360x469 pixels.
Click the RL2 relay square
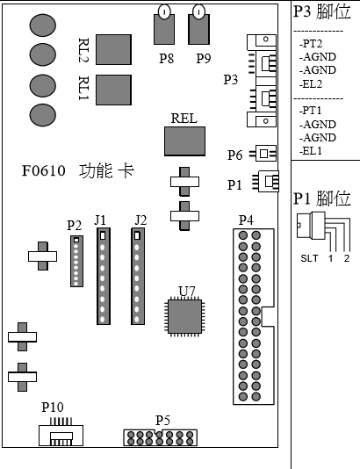(113, 49)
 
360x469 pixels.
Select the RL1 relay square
(113, 90)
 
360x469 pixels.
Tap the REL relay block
(184, 141)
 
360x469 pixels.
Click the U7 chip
(184, 316)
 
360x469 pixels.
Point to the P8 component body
(164, 29)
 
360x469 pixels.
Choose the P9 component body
(198, 29)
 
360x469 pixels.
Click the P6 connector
(263, 154)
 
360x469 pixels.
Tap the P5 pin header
(161, 438)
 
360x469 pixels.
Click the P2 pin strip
(77, 261)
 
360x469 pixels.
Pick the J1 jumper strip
(104, 276)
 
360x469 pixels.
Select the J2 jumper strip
(138, 276)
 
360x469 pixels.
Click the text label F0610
(44, 170)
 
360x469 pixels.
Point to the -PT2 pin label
(311, 44)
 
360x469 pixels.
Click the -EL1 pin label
(311, 151)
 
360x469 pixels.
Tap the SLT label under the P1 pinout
(309, 258)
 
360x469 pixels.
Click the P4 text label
(246, 220)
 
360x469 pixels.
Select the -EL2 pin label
(311, 84)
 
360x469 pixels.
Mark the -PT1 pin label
(310, 111)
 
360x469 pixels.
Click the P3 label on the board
(231, 80)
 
